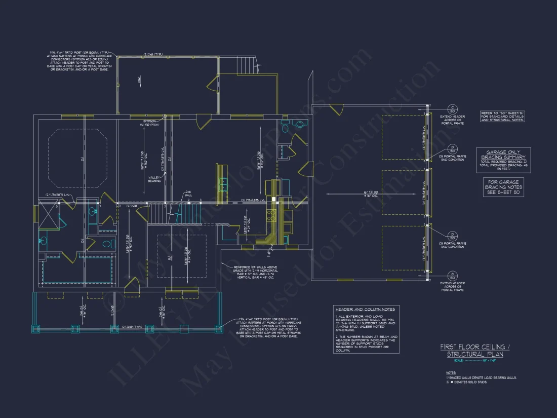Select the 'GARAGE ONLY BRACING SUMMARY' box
[x=503, y=161]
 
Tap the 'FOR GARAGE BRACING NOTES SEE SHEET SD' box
[x=503, y=187]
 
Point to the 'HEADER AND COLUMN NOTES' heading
[x=365, y=309]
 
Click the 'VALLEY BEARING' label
[x=154, y=178]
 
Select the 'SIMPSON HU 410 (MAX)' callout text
[x=150, y=123]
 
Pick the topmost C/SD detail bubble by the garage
[x=452, y=109]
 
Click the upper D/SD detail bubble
[x=452, y=149]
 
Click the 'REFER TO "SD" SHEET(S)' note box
[x=502, y=116]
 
